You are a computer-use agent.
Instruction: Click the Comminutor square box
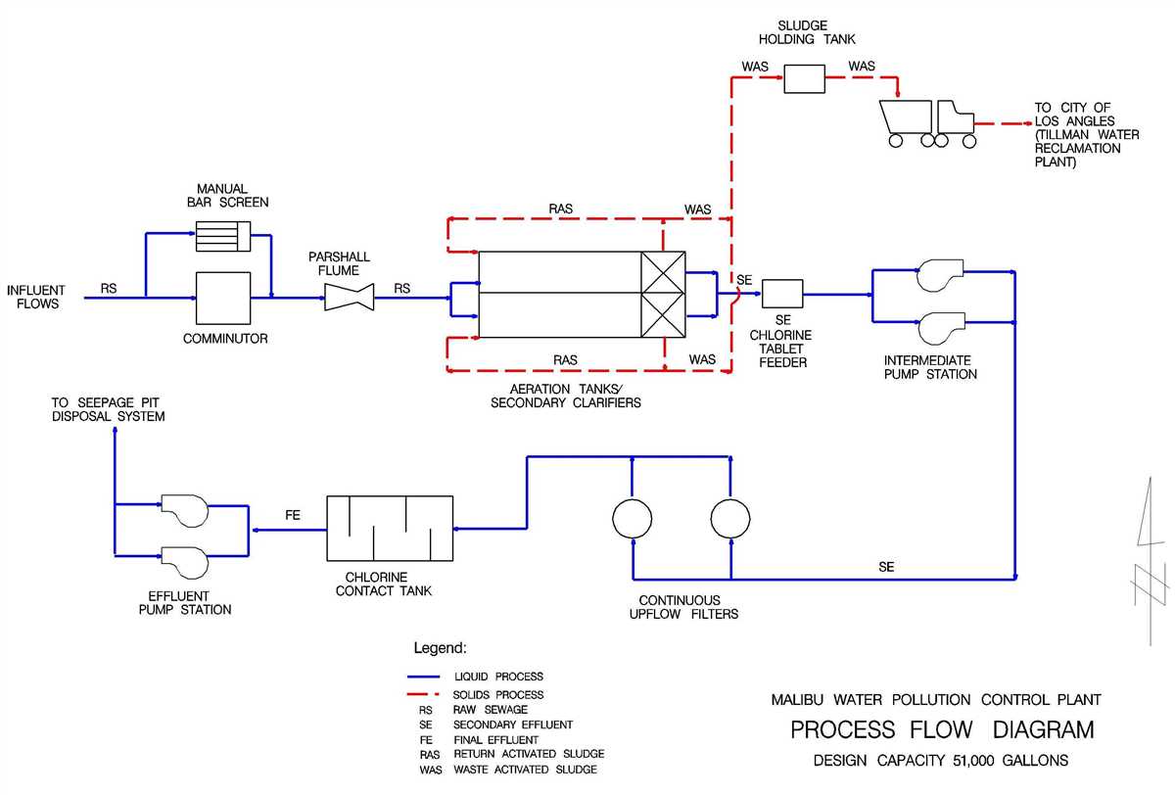pos(224,298)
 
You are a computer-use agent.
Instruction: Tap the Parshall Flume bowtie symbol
pos(350,296)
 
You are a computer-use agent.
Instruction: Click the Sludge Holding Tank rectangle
pos(806,79)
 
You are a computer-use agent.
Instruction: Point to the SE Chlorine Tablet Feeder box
pos(782,293)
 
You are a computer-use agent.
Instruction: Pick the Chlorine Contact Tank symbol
pos(389,529)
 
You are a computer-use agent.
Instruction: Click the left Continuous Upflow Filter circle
pos(632,518)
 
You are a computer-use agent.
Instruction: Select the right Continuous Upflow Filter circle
pos(730,518)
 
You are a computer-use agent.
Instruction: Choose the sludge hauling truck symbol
pos(929,121)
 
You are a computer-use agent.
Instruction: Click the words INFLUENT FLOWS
pos(36,297)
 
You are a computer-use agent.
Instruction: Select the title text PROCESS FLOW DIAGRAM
pos(942,730)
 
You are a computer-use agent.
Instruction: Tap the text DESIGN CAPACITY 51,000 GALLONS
pos(941,761)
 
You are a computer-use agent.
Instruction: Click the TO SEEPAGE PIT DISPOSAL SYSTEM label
pos(109,409)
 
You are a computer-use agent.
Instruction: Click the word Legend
pos(440,648)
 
